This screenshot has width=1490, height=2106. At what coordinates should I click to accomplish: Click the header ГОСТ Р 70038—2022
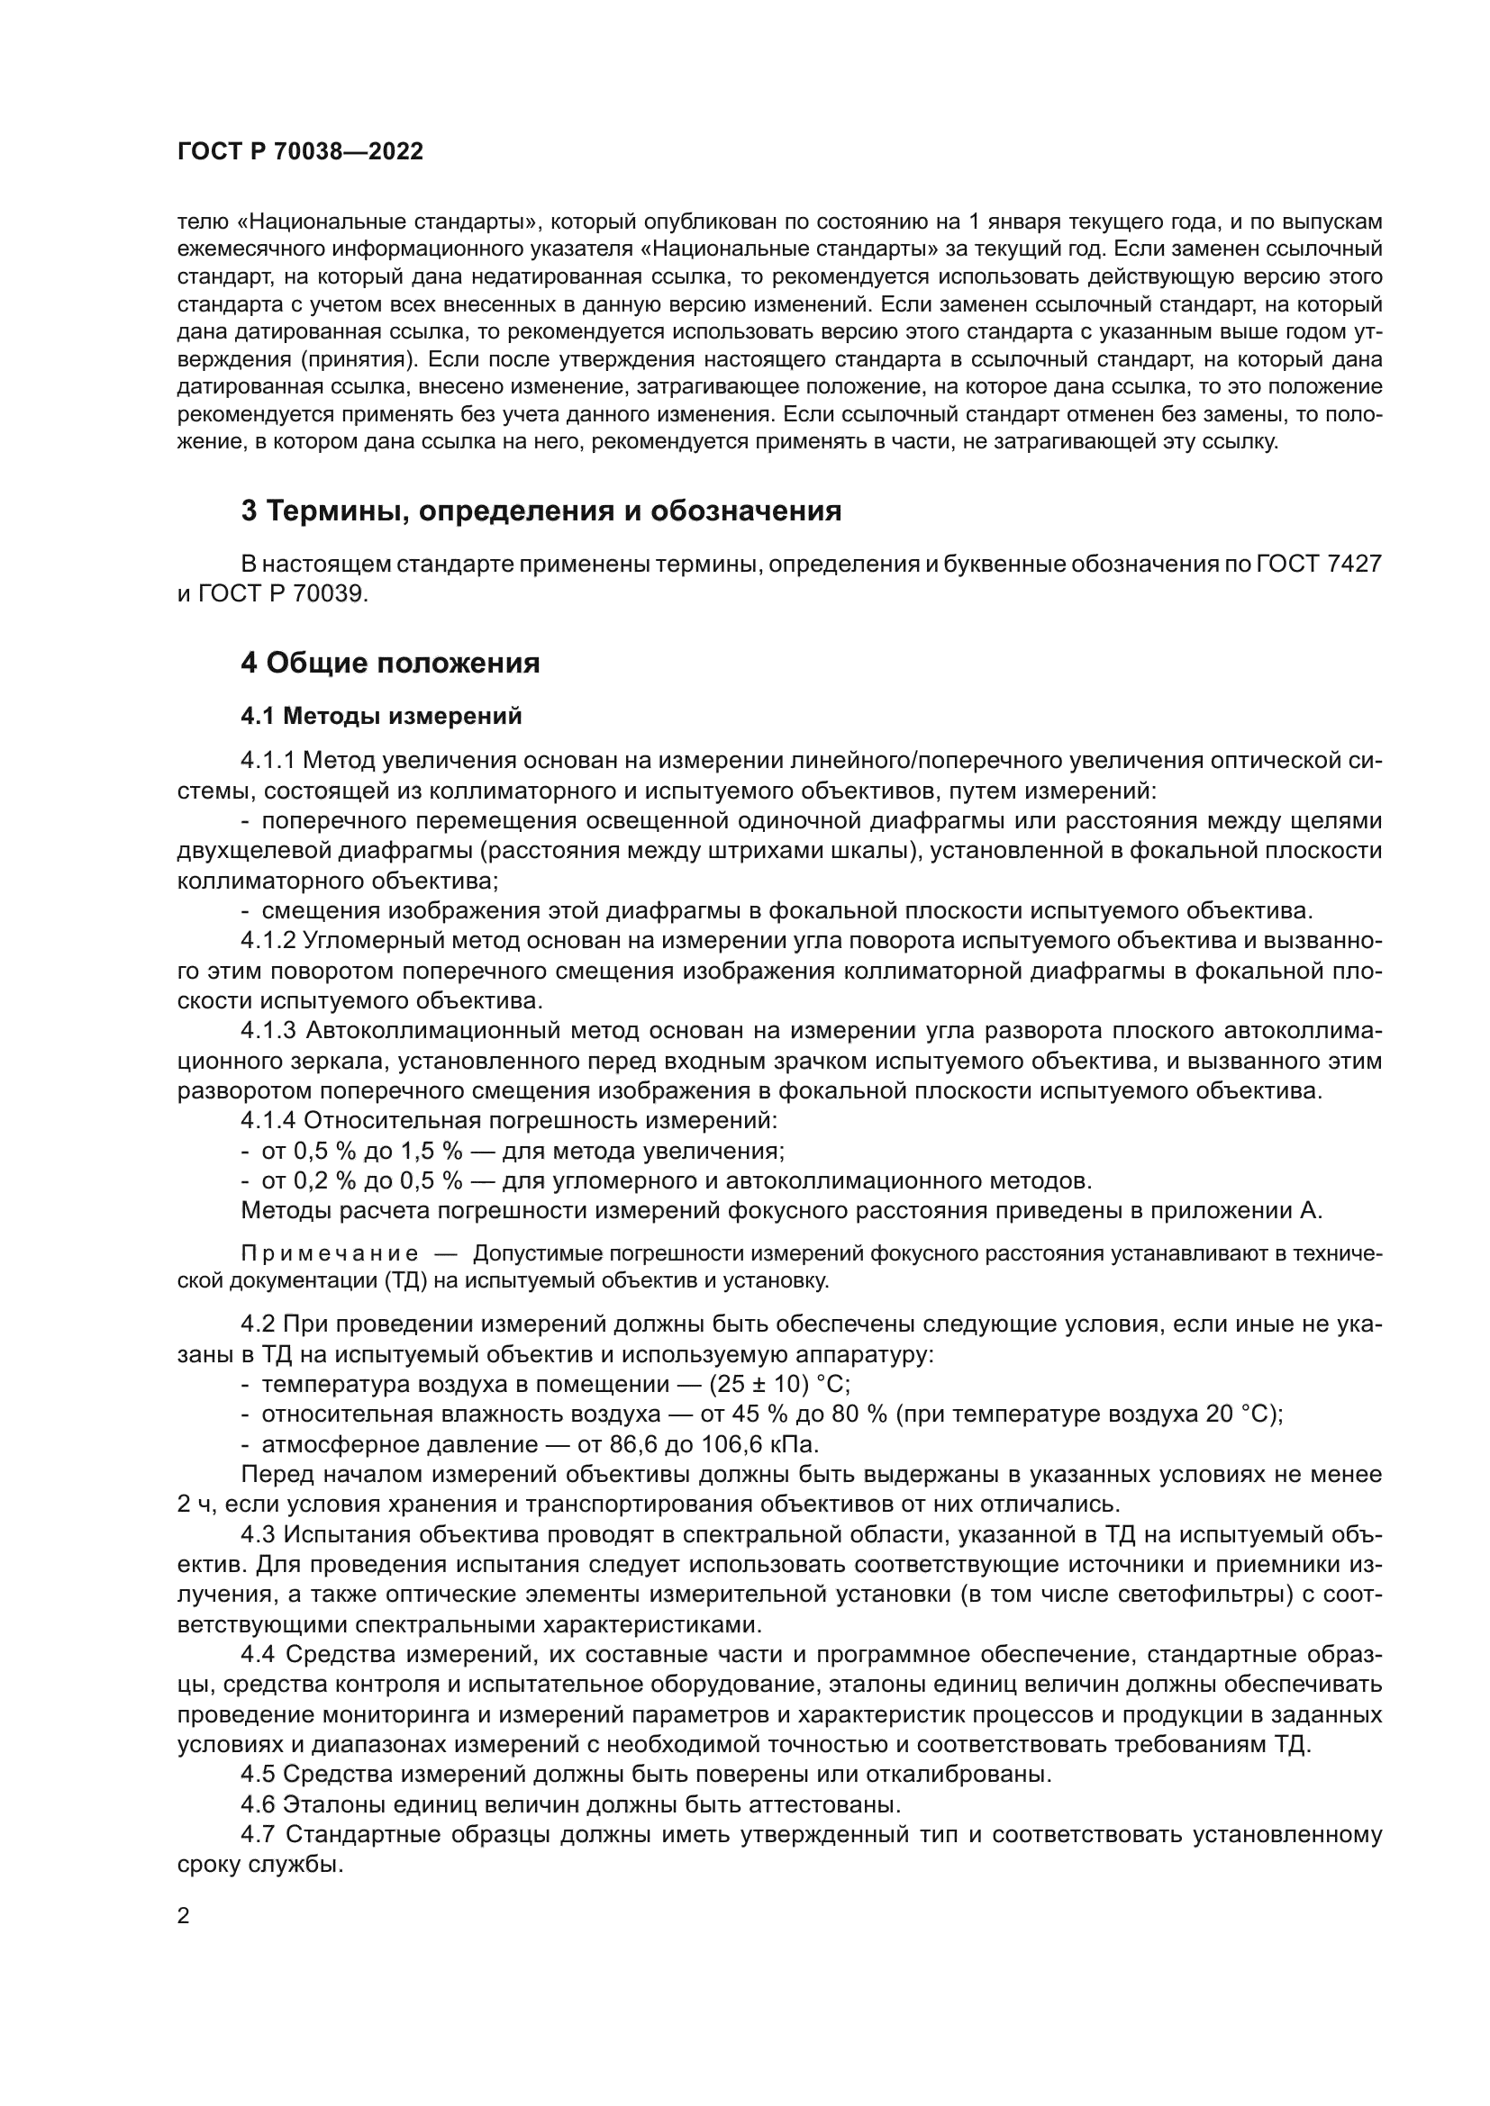pos(300,152)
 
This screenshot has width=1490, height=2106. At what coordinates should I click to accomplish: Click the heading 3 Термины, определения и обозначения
pos(541,511)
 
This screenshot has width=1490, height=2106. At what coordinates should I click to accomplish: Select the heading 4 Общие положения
pos(390,663)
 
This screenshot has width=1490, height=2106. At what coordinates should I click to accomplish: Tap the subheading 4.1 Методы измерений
pos(381,717)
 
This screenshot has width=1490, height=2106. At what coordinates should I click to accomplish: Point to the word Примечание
pos(330,1254)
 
